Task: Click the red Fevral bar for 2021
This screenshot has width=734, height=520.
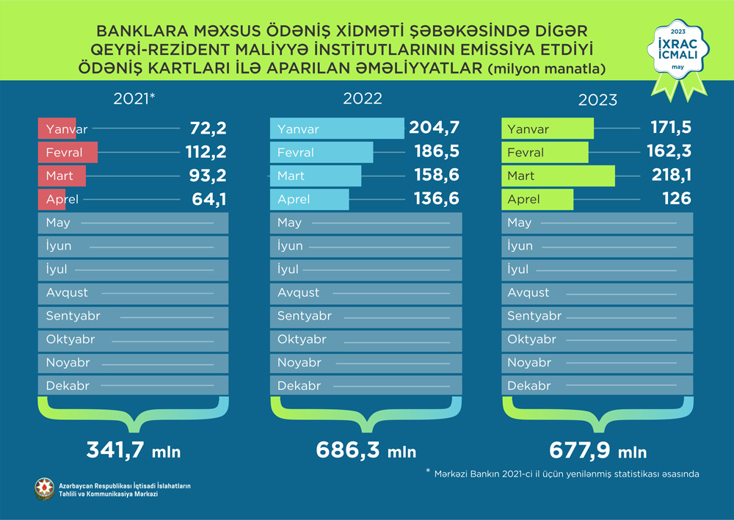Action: click(x=69, y=153)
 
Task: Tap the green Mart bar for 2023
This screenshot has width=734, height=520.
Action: click(x=558, y=176)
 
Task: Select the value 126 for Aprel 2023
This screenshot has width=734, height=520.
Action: click(x=676, y=199)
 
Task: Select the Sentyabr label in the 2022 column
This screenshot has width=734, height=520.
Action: click(x=304, y=317)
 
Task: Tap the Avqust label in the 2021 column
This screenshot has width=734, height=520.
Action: click(x=67, y=292)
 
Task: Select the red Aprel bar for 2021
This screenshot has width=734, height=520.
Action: click(x=51, y=199)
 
